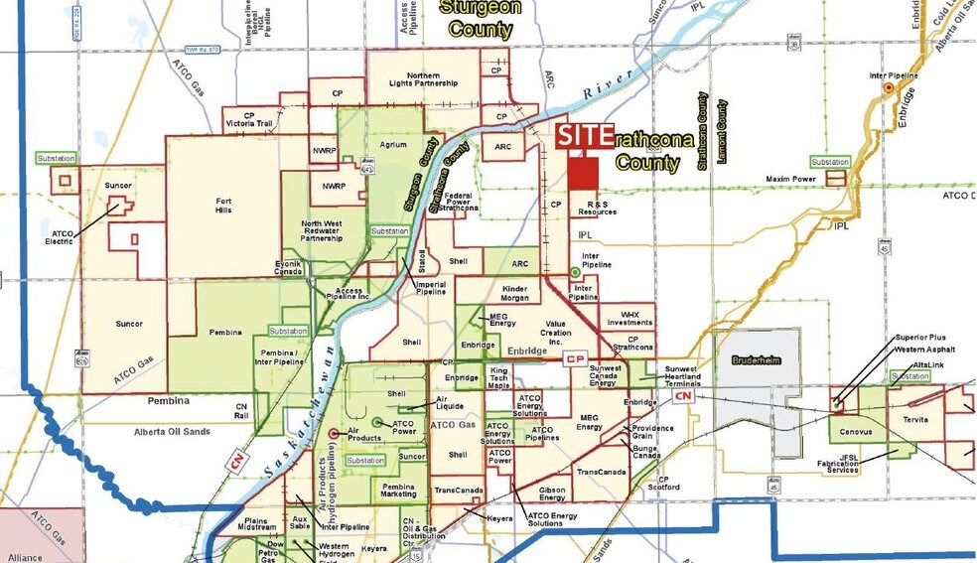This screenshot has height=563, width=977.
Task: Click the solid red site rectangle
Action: pos(584,173)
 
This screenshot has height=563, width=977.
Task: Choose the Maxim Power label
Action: pos(790,179)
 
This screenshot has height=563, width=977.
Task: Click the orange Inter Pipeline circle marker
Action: pos(889,88)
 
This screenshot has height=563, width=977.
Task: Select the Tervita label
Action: pos(914,420)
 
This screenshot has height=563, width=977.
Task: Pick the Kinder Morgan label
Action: pos(520,292)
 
